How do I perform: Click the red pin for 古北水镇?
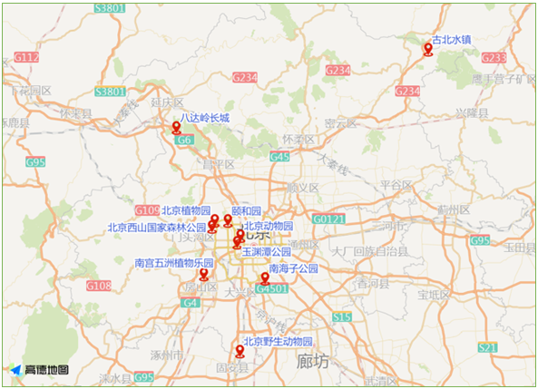pos(428,49)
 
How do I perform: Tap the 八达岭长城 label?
pos(204,118)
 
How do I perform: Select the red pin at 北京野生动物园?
pos(240,351)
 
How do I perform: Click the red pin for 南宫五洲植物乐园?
pos(204,275)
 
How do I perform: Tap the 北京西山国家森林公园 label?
pos(157,228)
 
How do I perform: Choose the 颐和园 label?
pos(246,209)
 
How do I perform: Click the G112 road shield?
pos(26,57)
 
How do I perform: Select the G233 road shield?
pos(494,57)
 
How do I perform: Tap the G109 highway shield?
pos(147,209)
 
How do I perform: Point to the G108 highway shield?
pos(99,287)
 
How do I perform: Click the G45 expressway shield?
pos(279,157)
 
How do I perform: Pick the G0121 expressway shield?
pos(328,219)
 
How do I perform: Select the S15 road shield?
pos(341,317)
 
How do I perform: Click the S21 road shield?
pos(488,347)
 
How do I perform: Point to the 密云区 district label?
pos(340,123)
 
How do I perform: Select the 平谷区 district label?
pos(396,184)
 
